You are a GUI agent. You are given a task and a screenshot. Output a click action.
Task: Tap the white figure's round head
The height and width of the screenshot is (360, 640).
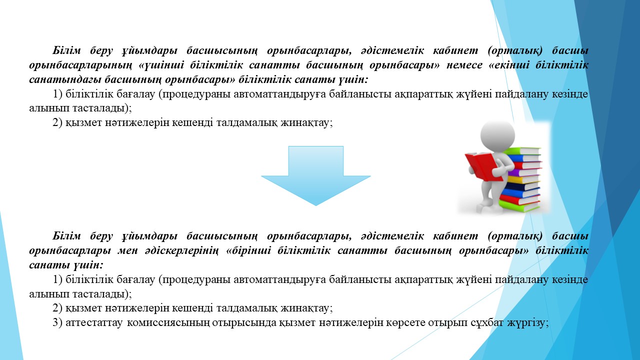pyautogui.click(x=497, y=135)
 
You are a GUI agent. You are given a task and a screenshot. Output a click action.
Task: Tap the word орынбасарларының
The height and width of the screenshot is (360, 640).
pyautogui.click(x=80, y=65)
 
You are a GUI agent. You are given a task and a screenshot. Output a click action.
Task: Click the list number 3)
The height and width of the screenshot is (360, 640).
pyautogui.click(x=57, y=322)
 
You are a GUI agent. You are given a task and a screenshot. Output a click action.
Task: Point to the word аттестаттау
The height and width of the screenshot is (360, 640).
pyautogui.click(x=94, y=323)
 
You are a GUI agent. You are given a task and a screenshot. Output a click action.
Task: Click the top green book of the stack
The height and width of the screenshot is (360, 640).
pyautogui.click(x=523, y=151)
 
